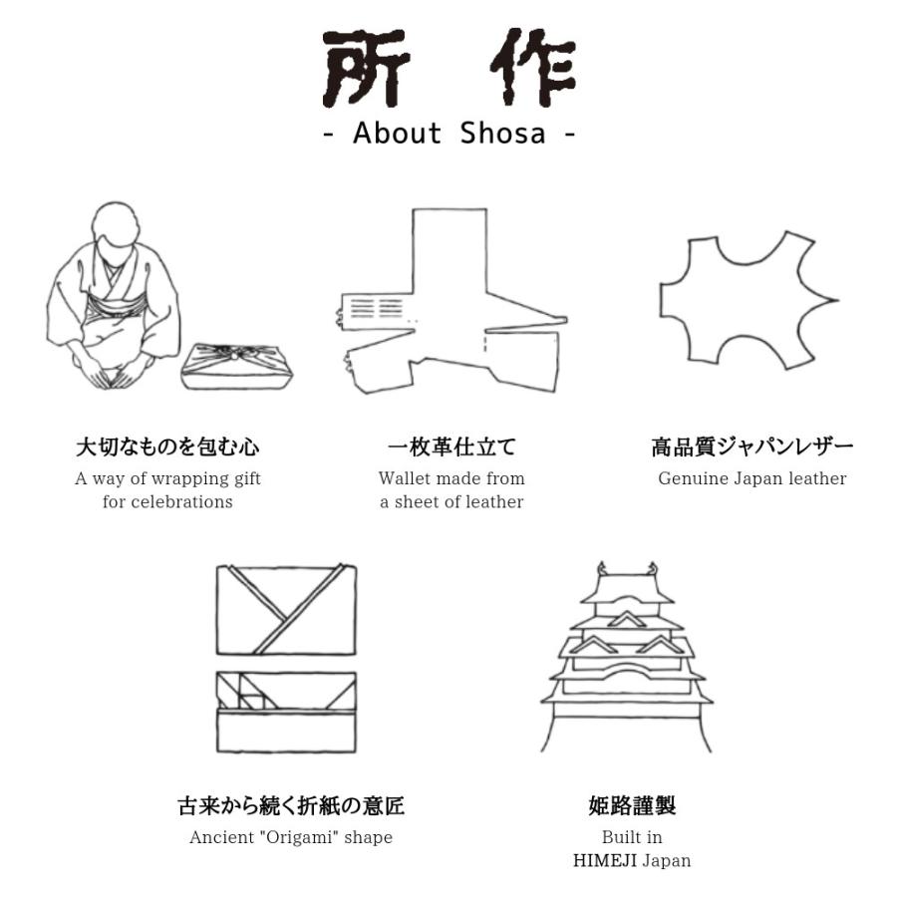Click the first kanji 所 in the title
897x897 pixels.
365,68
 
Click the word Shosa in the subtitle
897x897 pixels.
503,134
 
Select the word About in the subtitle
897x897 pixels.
397,134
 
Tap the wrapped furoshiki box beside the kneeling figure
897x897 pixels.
237,367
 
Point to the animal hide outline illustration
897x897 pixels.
748,300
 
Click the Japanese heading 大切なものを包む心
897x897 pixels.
167,447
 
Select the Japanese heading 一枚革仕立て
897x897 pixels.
451,447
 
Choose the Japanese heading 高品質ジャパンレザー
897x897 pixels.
752,447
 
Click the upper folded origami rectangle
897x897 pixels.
286,610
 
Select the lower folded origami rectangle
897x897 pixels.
286,713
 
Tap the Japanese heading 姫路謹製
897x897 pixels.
632,805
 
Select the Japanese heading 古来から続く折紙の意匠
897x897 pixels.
291,805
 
